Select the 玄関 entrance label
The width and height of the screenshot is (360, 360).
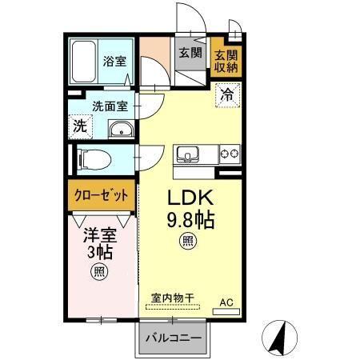(190, 54)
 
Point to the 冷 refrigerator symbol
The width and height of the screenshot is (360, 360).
(228, 93)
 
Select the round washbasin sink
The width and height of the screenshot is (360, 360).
(119, 129)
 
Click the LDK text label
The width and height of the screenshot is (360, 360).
(186, 198)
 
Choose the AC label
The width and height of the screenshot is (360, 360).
(226, 302)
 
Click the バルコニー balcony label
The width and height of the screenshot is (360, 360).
(173, 337)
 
